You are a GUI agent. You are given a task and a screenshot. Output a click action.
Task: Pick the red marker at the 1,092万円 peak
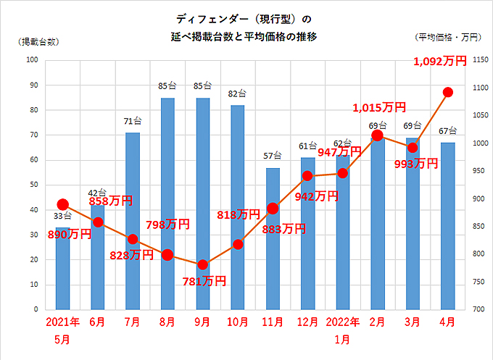[448, 92]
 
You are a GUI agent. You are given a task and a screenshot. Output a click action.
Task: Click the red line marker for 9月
[203, 264]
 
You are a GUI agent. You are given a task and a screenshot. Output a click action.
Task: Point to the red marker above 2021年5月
[63, 204]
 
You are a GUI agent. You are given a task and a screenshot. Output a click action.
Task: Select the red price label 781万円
[203, 280]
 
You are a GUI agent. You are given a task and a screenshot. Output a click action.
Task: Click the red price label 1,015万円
[379, 108]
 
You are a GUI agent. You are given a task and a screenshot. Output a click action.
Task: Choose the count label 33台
[63, 216]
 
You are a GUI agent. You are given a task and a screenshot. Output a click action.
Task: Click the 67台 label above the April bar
[448, 131]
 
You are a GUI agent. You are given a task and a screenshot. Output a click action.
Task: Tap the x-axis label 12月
[308, 322]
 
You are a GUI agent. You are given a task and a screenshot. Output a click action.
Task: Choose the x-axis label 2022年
[343, 322]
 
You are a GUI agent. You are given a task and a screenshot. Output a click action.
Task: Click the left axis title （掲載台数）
[38, 41]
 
